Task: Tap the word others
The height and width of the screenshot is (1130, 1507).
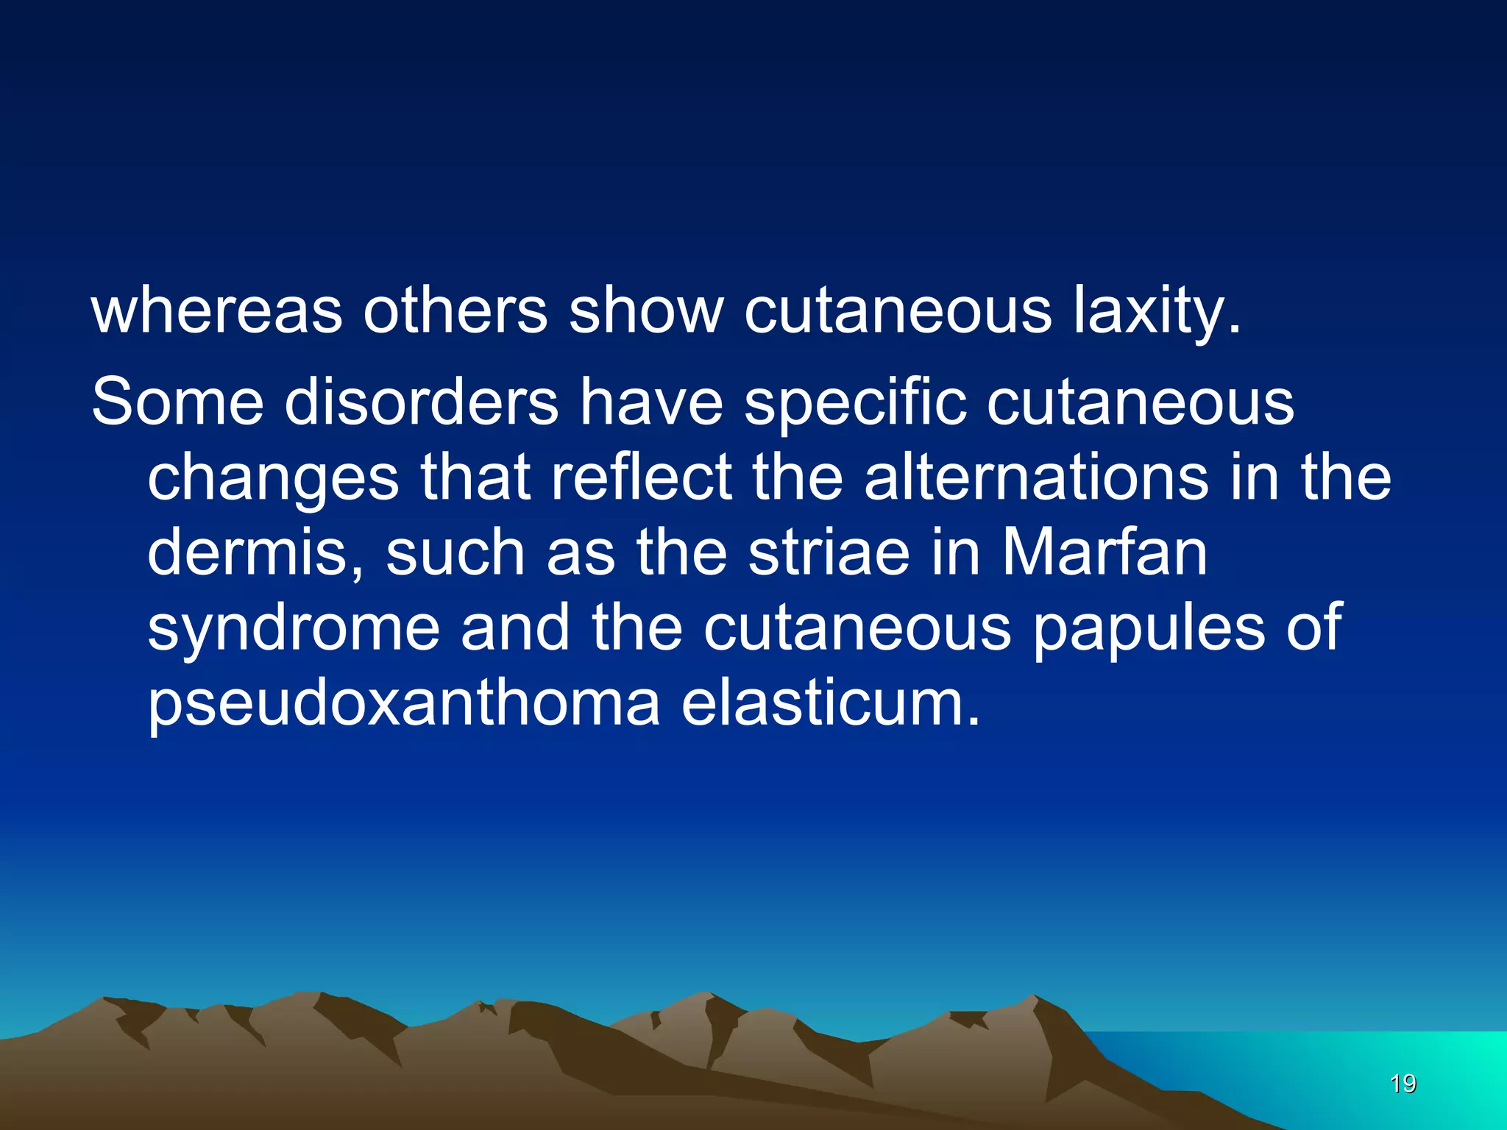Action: [455, 311]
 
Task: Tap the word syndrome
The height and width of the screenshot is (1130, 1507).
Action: [294, 630]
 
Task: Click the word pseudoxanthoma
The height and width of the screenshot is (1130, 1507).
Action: [404, 705]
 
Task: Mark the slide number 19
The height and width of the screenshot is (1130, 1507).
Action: [1403, 1084]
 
